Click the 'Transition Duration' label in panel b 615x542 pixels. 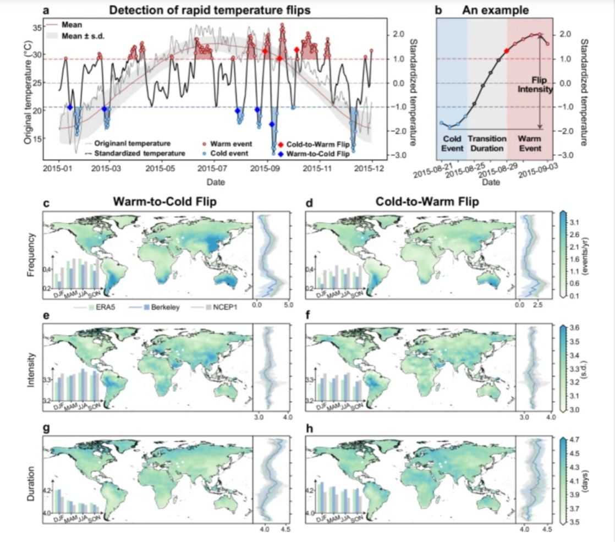click(x=487, y=144)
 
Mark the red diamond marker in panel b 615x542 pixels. click(x=507, y=51)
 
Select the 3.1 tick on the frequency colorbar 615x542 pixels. click(x=572, y=222)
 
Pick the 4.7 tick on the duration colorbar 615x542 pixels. click(x=572, y=440)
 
